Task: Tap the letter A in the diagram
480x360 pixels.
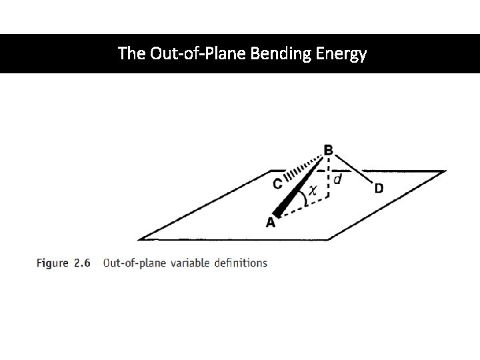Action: click(271, 223)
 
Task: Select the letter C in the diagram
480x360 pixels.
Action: click(276, 181)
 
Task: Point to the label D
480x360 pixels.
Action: click(379, 189)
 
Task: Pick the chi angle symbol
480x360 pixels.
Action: click(311, 191)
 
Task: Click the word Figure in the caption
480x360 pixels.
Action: click(53, 263)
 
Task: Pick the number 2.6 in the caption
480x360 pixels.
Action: click(82, 263)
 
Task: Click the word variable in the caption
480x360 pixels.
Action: click(187, 263)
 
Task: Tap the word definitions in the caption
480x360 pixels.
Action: click(241, 263)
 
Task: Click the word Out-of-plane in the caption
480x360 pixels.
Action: click(132, 263)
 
